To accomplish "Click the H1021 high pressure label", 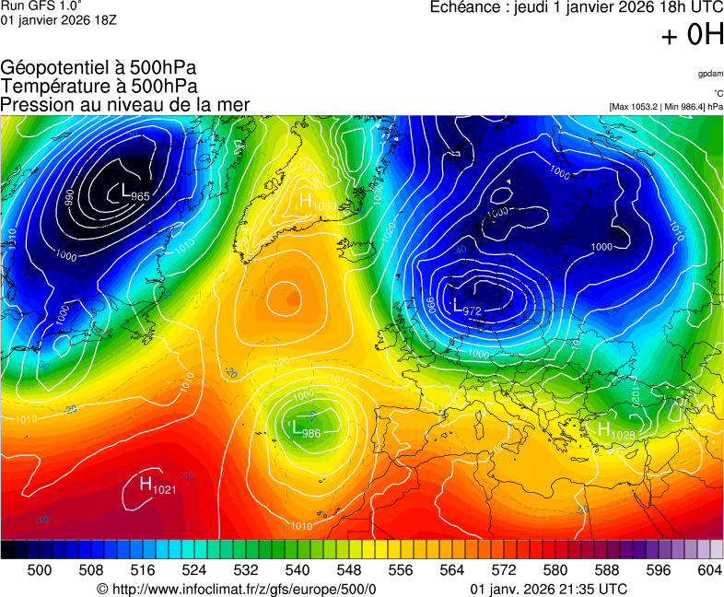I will pos(158,485).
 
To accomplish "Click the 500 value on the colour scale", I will pos(40,570).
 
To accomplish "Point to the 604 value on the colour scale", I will pos(709,570).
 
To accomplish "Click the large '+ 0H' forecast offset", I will pos(693,36).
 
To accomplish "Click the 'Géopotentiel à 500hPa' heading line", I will pos(99,68).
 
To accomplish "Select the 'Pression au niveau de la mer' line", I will pos(125,105).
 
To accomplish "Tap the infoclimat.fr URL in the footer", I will pos(237,589).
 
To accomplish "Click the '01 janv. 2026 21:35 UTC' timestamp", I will pos(549,589).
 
